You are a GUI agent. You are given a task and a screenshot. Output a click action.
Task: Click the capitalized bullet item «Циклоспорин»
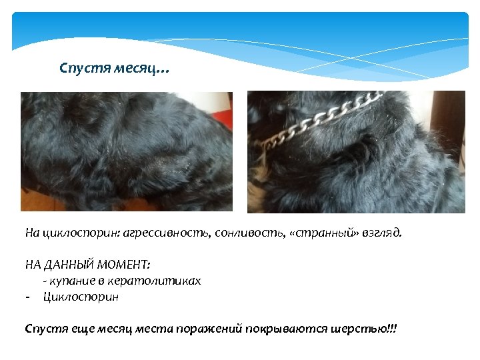(x=81, y=297)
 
